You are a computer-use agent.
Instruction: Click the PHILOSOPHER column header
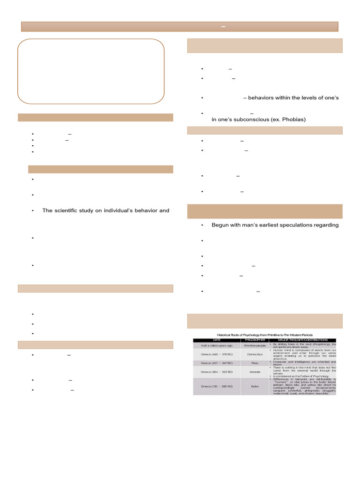pyautogui.click(x=254, y=340)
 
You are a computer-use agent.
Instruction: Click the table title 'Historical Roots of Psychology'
pyautogui.click(x=268, y=335)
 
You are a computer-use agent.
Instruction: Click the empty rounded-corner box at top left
pyautogui.click(x=91, y=71)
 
